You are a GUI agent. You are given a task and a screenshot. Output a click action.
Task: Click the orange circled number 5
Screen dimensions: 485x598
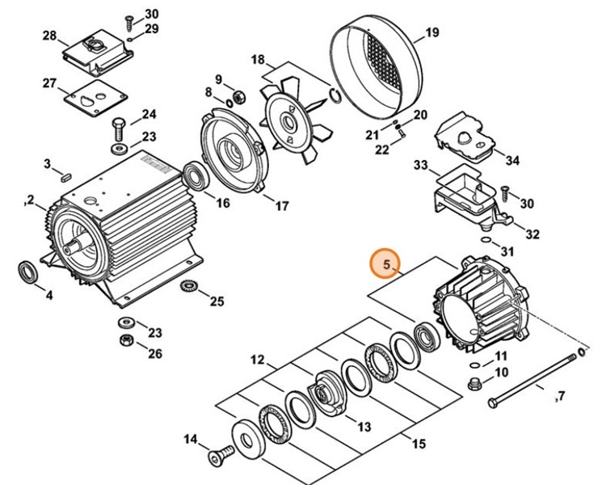pyautogui.click(x=386, y=264)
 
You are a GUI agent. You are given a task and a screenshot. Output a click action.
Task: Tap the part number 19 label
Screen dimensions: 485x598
pyautogui.click(x=432, y=33)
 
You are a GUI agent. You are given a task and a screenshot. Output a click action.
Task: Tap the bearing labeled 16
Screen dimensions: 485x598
pyautogui.click(x=194, y=175)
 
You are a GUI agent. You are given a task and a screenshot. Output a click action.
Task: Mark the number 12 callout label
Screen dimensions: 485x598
pyautogui.click(x=256, y=359)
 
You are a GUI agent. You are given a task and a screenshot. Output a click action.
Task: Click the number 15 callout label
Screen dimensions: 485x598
pyautogui.click(x=418, y=443)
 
